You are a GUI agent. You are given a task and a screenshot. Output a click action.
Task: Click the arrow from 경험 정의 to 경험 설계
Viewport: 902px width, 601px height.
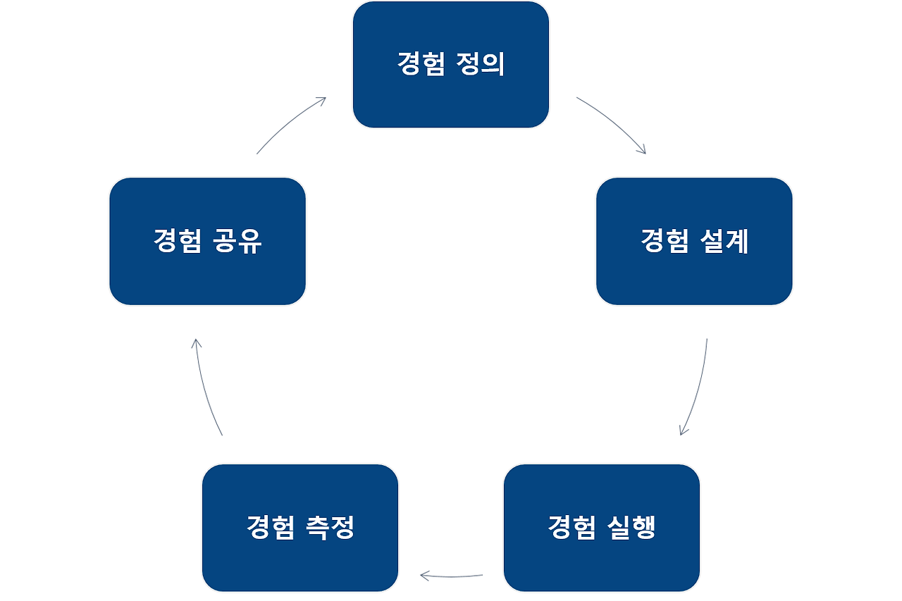pos(612,123)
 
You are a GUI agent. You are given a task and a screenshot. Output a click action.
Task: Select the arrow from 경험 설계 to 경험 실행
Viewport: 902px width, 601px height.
pos(696,388)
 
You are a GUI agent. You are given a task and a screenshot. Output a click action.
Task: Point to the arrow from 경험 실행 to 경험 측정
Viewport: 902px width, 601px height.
pos(451,576)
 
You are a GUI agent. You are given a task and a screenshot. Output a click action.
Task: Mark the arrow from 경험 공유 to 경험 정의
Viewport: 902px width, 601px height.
pos(291,124)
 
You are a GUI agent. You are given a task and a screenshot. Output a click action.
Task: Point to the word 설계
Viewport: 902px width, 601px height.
pos(725,242)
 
